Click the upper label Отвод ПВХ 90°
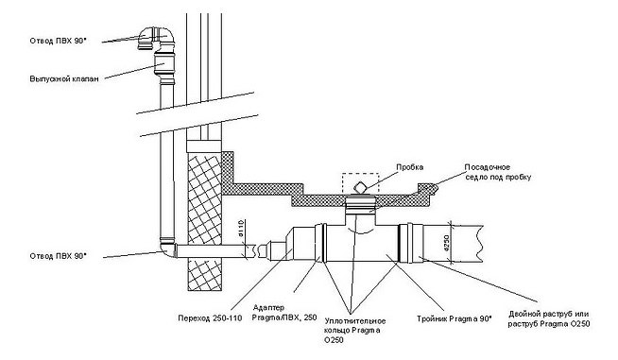[x=58, y=41]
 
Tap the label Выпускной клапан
[x=64, y=78]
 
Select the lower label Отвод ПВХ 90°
[x=58, y=256]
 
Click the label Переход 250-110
[x=210, y=318]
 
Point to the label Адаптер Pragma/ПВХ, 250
[x=284, y=313]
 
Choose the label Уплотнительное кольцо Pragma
[x=354, y=331]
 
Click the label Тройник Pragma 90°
[x=454, y=318]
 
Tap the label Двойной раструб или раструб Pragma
[x=549, y=319]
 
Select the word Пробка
[x=410, y=167]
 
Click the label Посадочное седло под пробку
[x=498, y=172]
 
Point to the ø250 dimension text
[x=447, y=243]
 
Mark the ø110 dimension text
[x=242, y=229]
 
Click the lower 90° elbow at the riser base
[x=168, y=249]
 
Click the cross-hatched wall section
[x=204, y=222]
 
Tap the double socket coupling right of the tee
[x=411, y=243]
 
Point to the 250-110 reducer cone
[x=291, y=244]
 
